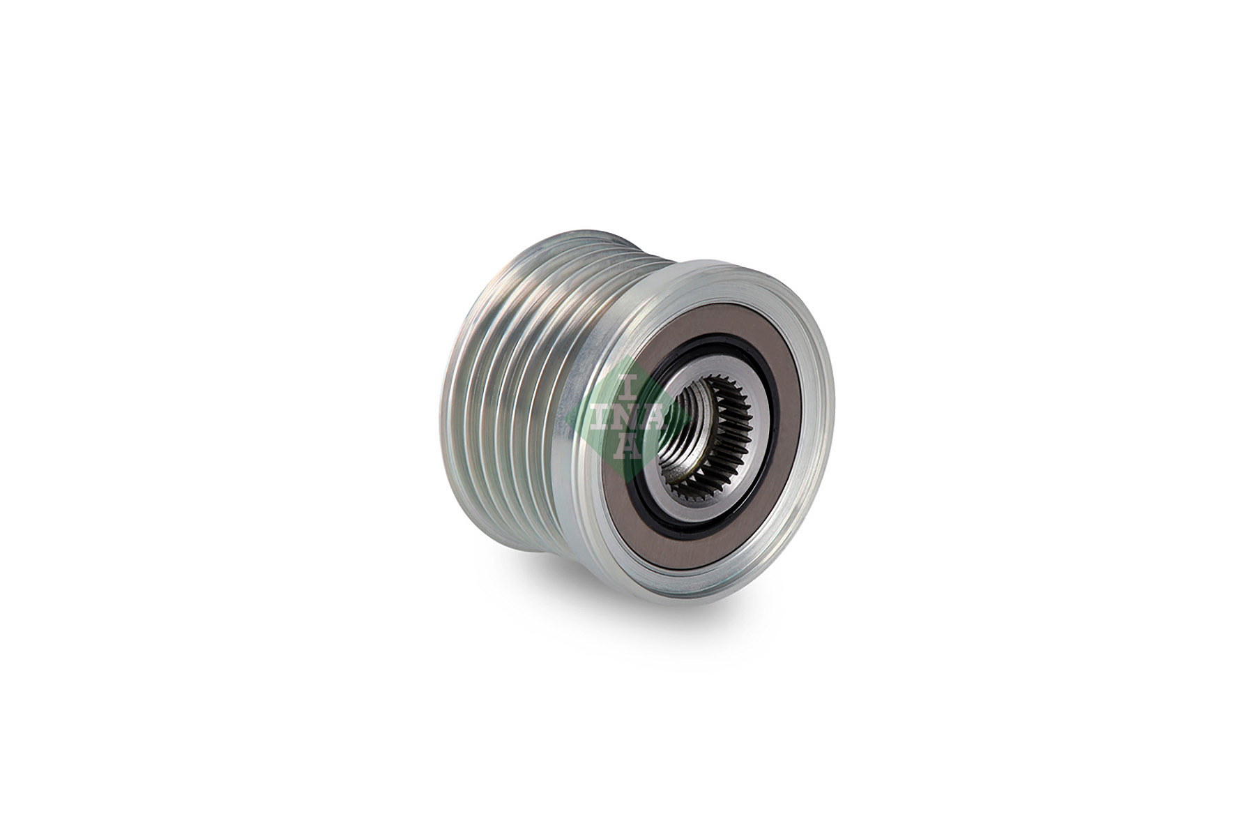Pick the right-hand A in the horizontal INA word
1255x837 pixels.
[x=655, y=418]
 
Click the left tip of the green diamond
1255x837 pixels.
[x=566, y=418]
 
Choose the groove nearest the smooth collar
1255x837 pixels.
[x=558, y=391]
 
